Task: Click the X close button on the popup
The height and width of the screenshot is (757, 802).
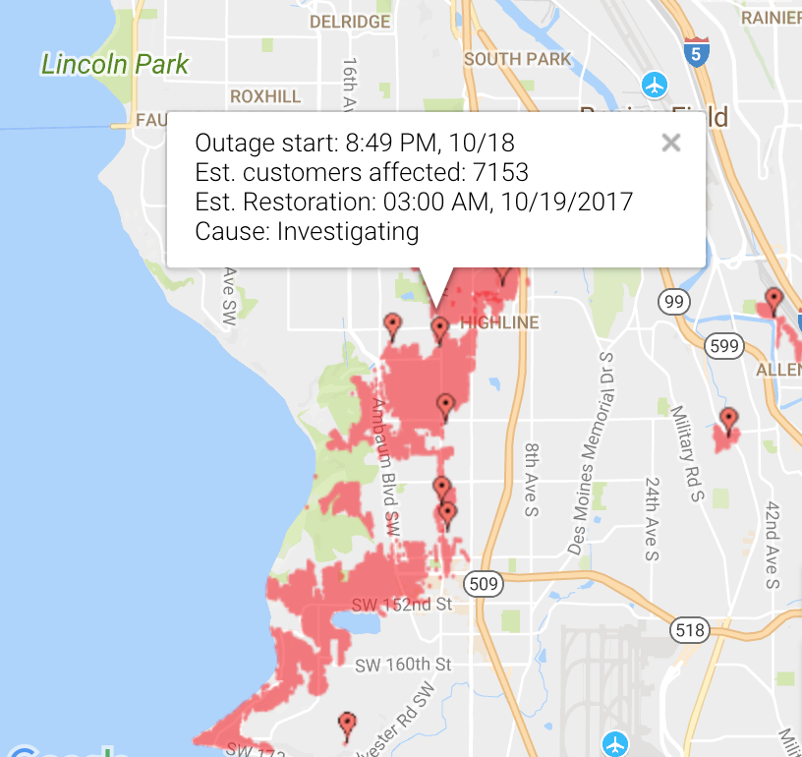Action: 671,144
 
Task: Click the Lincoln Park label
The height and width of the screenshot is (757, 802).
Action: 115,65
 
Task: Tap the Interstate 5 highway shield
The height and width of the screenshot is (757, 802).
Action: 695,51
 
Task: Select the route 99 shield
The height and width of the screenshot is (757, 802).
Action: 673,302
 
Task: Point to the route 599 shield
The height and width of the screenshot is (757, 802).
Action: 724,345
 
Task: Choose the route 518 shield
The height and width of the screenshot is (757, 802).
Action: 690,629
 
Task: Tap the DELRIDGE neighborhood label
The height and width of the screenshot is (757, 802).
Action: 350,21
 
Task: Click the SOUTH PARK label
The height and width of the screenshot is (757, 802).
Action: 517,59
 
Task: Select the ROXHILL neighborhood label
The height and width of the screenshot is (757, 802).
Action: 264,96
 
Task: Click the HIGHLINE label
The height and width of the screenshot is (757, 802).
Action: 499,322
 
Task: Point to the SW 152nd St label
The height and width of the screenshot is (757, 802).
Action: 401,604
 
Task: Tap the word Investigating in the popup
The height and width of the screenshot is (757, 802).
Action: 348,232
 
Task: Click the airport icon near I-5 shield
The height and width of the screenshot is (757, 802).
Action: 655,85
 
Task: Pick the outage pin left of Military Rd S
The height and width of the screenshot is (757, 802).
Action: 728,422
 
